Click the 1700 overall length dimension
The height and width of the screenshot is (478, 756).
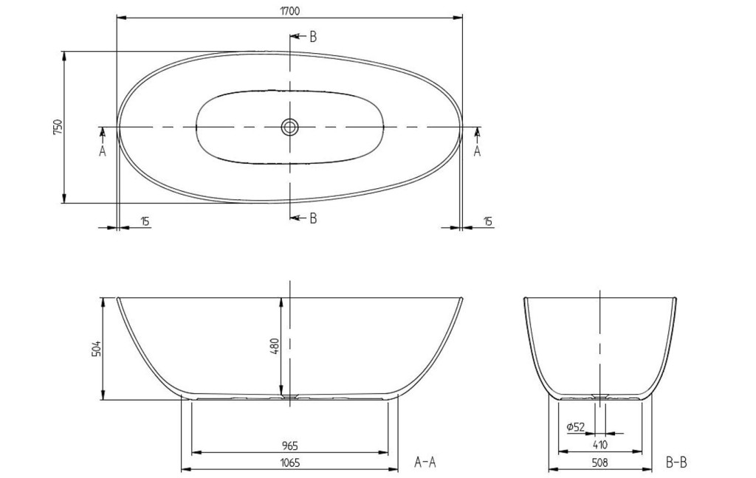coord(289,10)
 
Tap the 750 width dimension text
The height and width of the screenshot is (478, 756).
coord(58,127)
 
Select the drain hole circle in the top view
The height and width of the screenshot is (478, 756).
coord(289,127)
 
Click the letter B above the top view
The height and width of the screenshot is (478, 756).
coord(313,37)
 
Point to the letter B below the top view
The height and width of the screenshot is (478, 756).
coord(313,218)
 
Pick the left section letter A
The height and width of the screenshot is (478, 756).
coord(102,151)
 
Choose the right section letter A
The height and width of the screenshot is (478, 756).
coord(478,151)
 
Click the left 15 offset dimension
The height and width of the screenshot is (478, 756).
coord(145,221)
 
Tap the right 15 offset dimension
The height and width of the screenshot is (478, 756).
coord(488,221)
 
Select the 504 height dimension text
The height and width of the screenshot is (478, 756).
coord(97,349)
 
